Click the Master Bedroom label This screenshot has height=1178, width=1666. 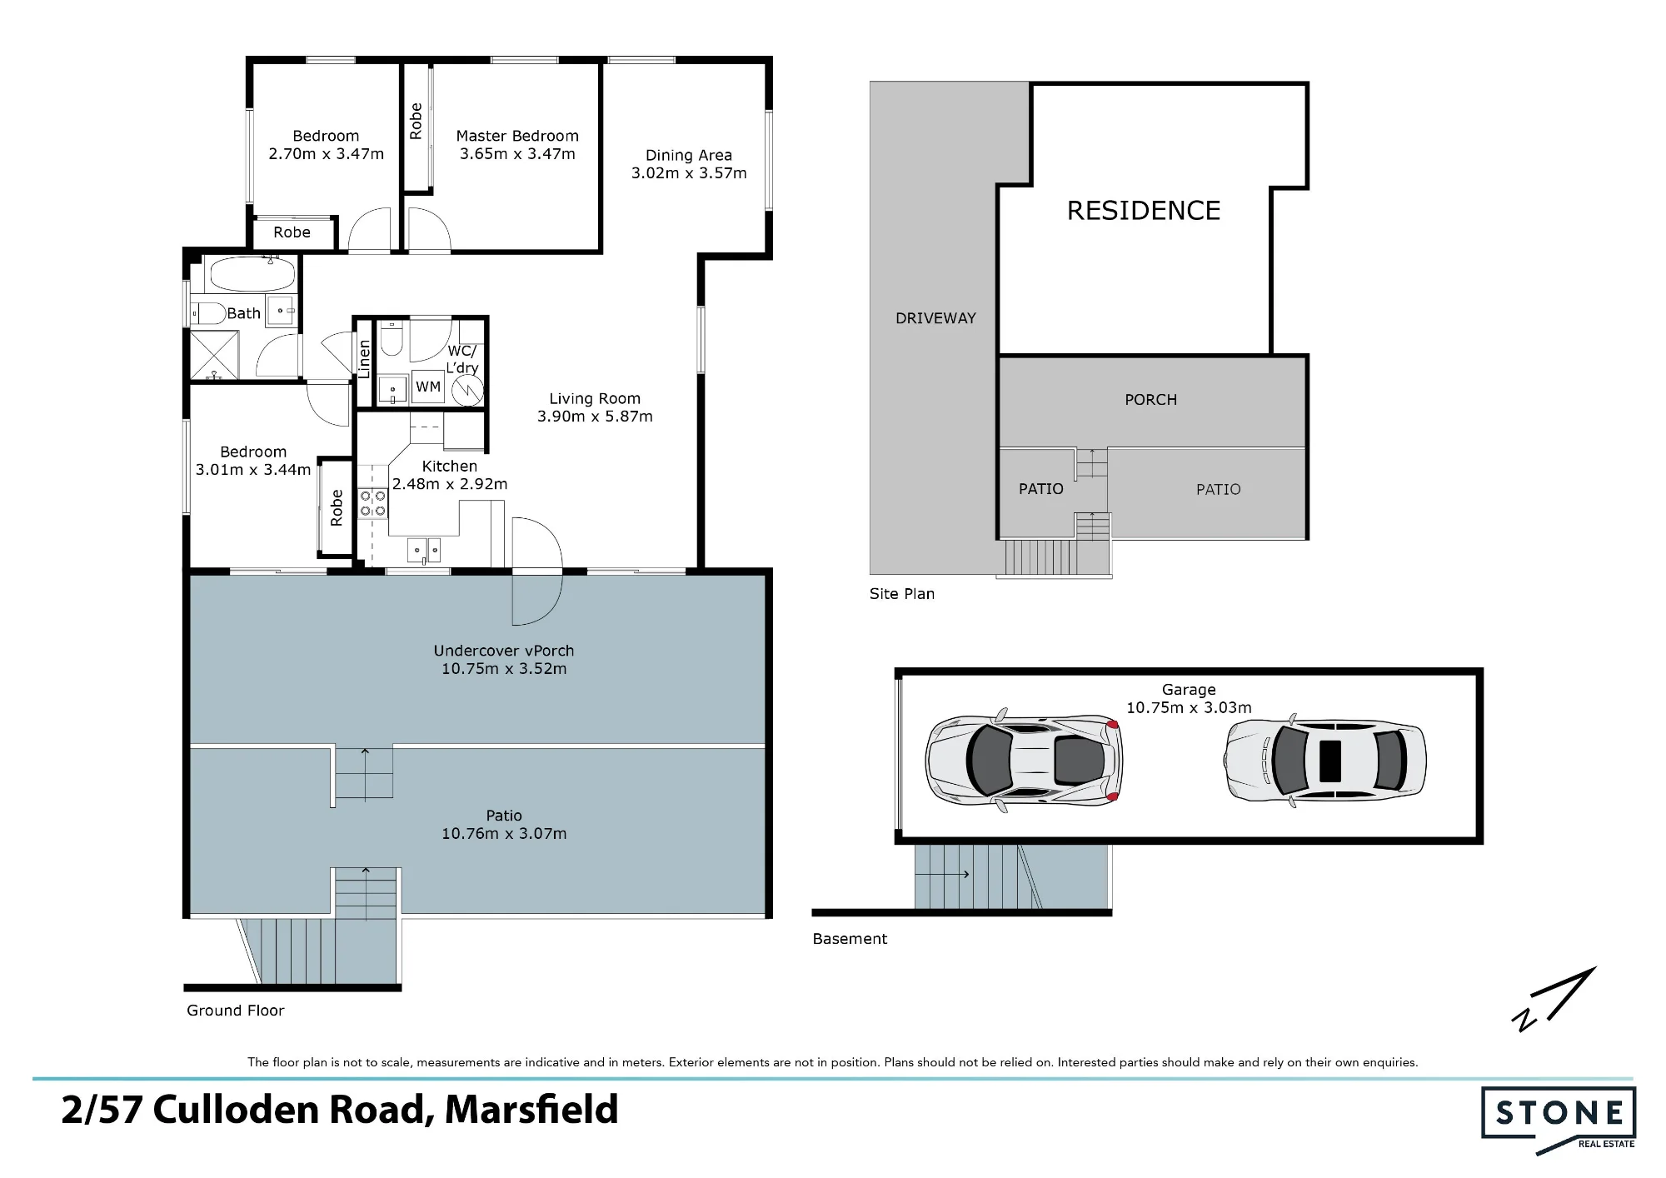pyautogui.click(x=517, y=136)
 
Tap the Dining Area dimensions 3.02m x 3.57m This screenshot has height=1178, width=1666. pyautogui.click(x=689, y=173)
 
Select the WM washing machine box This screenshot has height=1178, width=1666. pyautogui.click(x=428, y=387)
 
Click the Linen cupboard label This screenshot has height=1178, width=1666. pyautogui.click(x=364, y=359)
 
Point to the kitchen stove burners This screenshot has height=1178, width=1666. pyautogui.click(x=372, y=503)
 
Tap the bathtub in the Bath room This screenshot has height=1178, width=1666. pyautogui.click(x=252, y=272)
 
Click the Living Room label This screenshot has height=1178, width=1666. pyautogui.click(x=595, y=398)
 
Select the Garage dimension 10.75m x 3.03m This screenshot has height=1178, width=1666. pyautogui.click(x=1189, y=707)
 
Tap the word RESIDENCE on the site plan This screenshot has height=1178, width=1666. pyautogui.click(x=1144, y=210)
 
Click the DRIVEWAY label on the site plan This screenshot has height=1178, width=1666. pyautogui.click(x=935, y=317)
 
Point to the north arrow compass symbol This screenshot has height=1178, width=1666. pyautogui.click(x=1554, y=999)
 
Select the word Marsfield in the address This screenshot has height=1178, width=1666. pyautogui.click(x=531, y=1110)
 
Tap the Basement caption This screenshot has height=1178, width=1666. pyautogui.click(x=850, y=939)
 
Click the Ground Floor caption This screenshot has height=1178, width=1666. pyautogui.click(x=236, y=1011)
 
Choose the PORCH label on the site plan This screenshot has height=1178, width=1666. pyautogui.click(x=1151, y=400)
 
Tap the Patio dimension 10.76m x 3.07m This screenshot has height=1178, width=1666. pyautogui.click(x=504, y=833)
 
